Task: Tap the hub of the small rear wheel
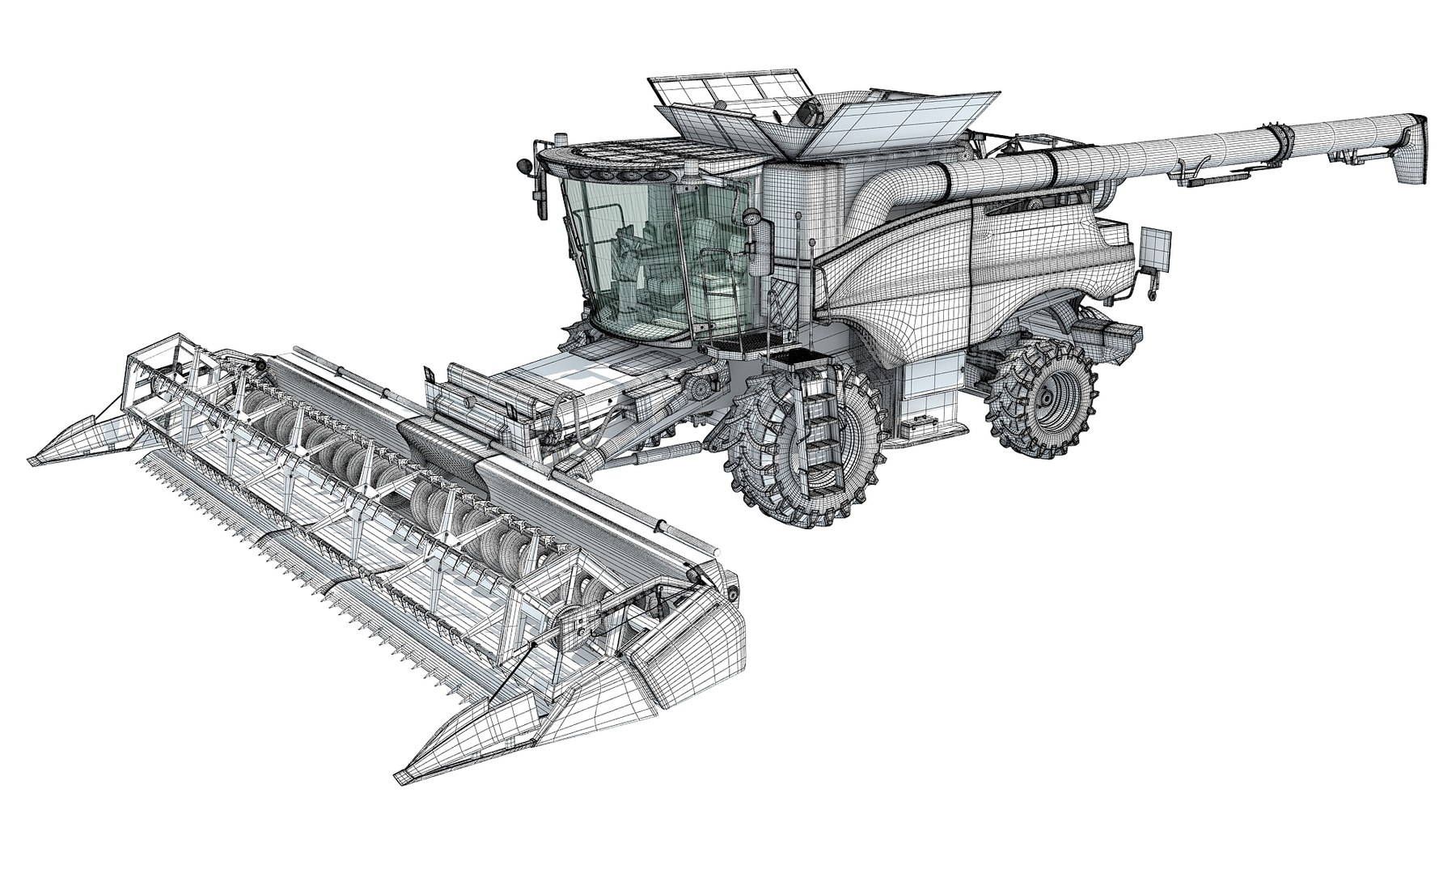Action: tap(1049, 397)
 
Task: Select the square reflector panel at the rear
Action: tap(1155, 249)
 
